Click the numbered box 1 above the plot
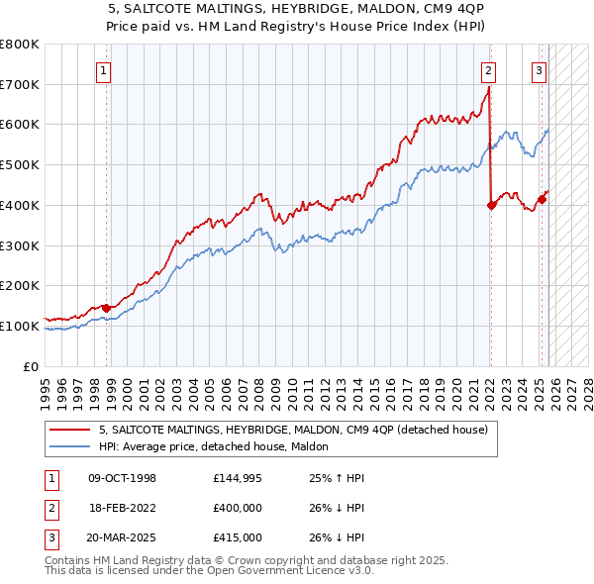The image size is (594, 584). coord(104,70)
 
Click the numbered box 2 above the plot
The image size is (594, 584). coord(489,70)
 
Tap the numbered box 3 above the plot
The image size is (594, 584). coord(539,70)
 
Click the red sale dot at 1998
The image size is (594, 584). coord(107,308)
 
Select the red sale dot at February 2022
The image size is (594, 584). coord(491,205)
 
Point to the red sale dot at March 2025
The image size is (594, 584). coord(543,199)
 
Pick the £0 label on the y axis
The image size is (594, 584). coord(30,365)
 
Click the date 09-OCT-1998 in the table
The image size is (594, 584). coord(123,478)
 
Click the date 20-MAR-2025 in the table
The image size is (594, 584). coord(123,537)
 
